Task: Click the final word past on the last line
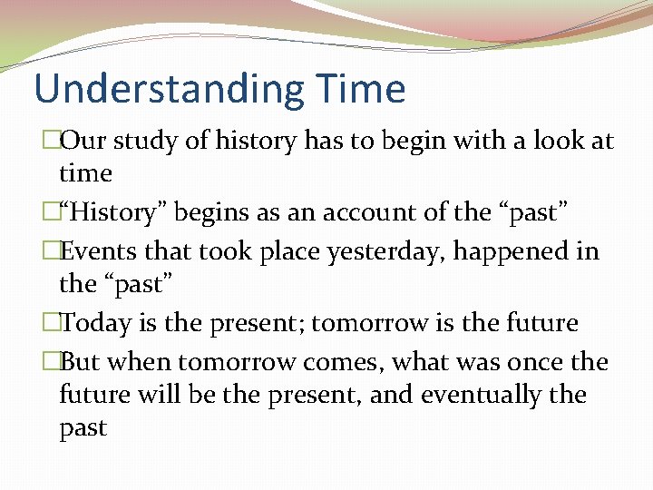tap(83, 428)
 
